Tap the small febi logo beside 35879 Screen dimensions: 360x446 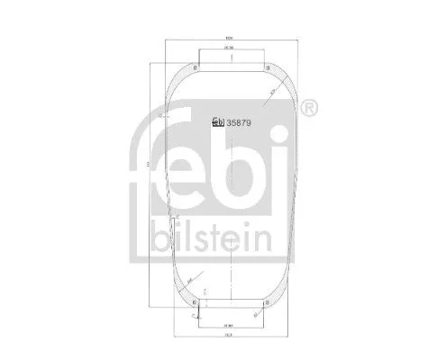coord(216,123)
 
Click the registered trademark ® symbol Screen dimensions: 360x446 coord(307,109)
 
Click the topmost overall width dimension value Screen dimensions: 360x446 coord(231,37)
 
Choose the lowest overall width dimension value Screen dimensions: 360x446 coord(232,336)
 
